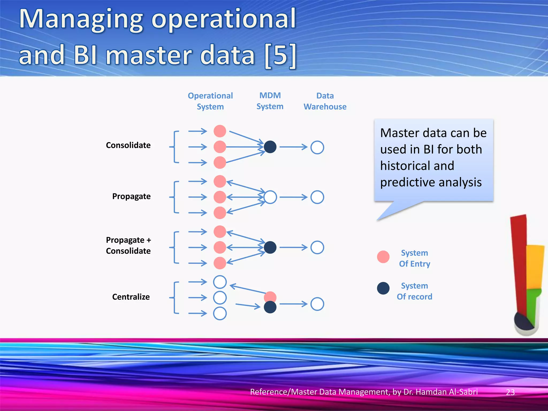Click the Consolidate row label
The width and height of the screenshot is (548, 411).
click(x=128, y=145)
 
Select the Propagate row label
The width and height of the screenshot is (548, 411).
click(x=131, y=196)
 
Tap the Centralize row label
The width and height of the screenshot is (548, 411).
click(x=131, y=297)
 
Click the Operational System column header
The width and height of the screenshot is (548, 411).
click(x=210, y=101)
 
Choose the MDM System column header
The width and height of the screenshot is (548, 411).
click(x=270, y=101)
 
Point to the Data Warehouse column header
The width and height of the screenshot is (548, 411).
click(x=325, y=101)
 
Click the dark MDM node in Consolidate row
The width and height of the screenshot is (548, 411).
click(x=270, y=147)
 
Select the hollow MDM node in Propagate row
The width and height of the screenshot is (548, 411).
click(x=270, y=197)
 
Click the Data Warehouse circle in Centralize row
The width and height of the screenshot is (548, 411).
click(x=317, y=304)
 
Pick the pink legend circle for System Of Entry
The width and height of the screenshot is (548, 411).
click(x=383, y=257)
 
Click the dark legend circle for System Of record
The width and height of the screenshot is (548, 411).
click(x=383, y=288)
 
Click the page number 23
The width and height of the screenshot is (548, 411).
click(x=510, y=392)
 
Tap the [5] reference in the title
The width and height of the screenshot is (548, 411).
click(x=280, y=55)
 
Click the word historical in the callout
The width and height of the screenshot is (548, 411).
click(x=417, y=166)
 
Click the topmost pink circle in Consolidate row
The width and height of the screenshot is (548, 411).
click(x=220, y=131)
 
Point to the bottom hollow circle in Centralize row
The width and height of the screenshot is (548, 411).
click(x=220, y=314)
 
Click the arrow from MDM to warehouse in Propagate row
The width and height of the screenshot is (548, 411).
click(x=293, y=197)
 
